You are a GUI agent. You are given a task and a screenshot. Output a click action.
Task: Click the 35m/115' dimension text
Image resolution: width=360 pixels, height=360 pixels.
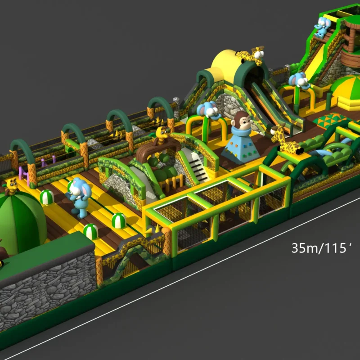321,248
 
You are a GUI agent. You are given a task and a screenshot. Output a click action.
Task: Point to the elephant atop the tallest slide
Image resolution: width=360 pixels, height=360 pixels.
323,27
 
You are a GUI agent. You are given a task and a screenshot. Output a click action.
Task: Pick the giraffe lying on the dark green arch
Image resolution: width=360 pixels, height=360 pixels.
285,139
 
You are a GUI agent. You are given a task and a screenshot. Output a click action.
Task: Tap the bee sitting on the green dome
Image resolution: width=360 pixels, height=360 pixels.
11,186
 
